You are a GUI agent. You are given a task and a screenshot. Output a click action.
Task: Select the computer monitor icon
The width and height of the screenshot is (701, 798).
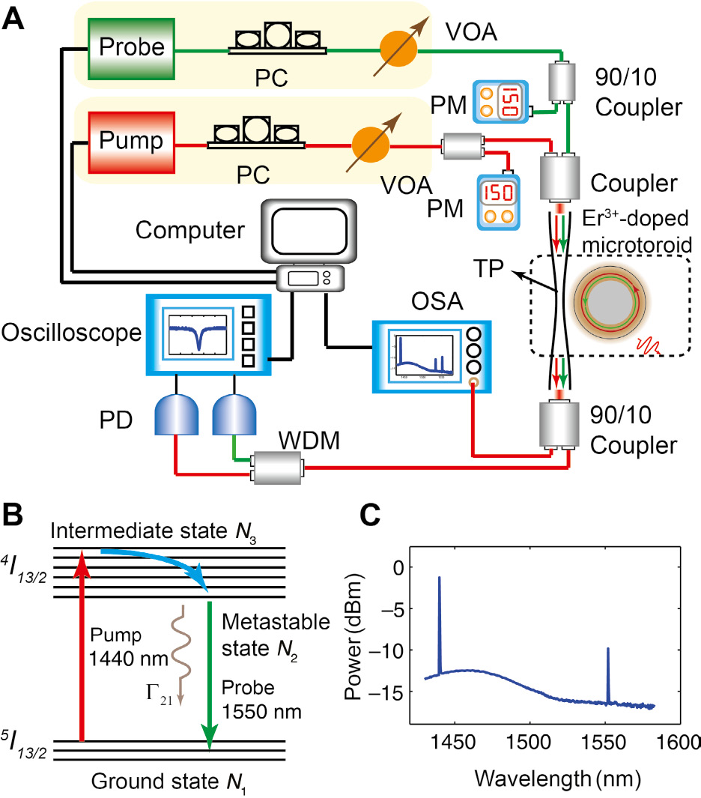pos(309,233)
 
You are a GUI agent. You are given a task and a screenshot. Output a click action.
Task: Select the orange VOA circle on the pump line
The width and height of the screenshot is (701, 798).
pos(369,142)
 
